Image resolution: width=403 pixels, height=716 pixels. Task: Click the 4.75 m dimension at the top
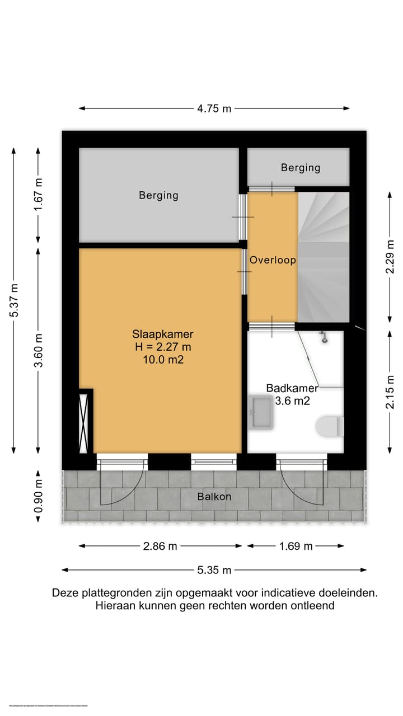pyautogui.click(x=214, y=109)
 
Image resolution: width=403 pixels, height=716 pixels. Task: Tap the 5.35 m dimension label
pyautogui.click(x=214, y=570)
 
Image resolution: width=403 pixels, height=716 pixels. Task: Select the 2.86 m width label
pyautogui.click(x=160, y=546)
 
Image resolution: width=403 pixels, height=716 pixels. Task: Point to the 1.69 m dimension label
pyautogui.click(x=296, y=546)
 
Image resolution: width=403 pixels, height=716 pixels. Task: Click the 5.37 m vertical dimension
pyautogui.click(x=14, y=300)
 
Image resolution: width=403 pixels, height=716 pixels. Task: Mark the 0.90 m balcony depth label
pyautogui.click(x=38, y=496)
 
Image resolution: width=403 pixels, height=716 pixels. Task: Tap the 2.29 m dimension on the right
pyautogui.click(x=390, y=257)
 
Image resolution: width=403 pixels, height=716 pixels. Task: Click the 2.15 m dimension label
pyautogui.click(x=390, y=391)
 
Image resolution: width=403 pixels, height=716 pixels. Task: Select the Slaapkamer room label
pyautogui.click(x=162, y=335)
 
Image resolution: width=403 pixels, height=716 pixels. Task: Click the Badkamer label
pyautogui.click(x=292, y=388)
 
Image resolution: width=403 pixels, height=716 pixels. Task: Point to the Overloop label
pyautogui.click(x=273, y=260)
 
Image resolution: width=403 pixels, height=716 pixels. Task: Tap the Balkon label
pyautogui.click(x=214, y=496)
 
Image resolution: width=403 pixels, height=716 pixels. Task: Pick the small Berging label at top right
pyautogui.click(x=301, y=167)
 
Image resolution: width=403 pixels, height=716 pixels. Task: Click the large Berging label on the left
pyautogui.click(x=158, y=195)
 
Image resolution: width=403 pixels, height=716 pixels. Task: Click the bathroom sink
pyautogui.click(x=261, y=412)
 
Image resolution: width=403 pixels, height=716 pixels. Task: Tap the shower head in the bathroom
pyautogui.click(x=323, y=337)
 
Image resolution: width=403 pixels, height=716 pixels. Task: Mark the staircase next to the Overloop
pyautogui.click(x=324, y=257)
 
